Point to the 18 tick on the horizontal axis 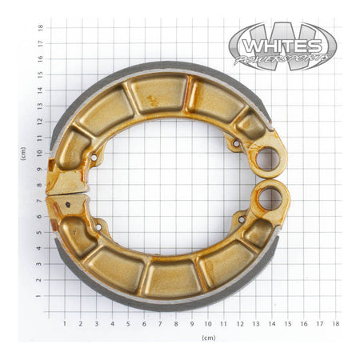coord(336,323)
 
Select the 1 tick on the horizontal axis coord(64,323)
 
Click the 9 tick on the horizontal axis coord(192,323)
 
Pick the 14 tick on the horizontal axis coord(272,323)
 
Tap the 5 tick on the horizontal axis coord(128,323)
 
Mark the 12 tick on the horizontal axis coord(240,323)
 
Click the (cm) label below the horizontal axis coord(208,338)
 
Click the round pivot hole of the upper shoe coord(269,158)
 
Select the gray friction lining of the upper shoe coord(160,67)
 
